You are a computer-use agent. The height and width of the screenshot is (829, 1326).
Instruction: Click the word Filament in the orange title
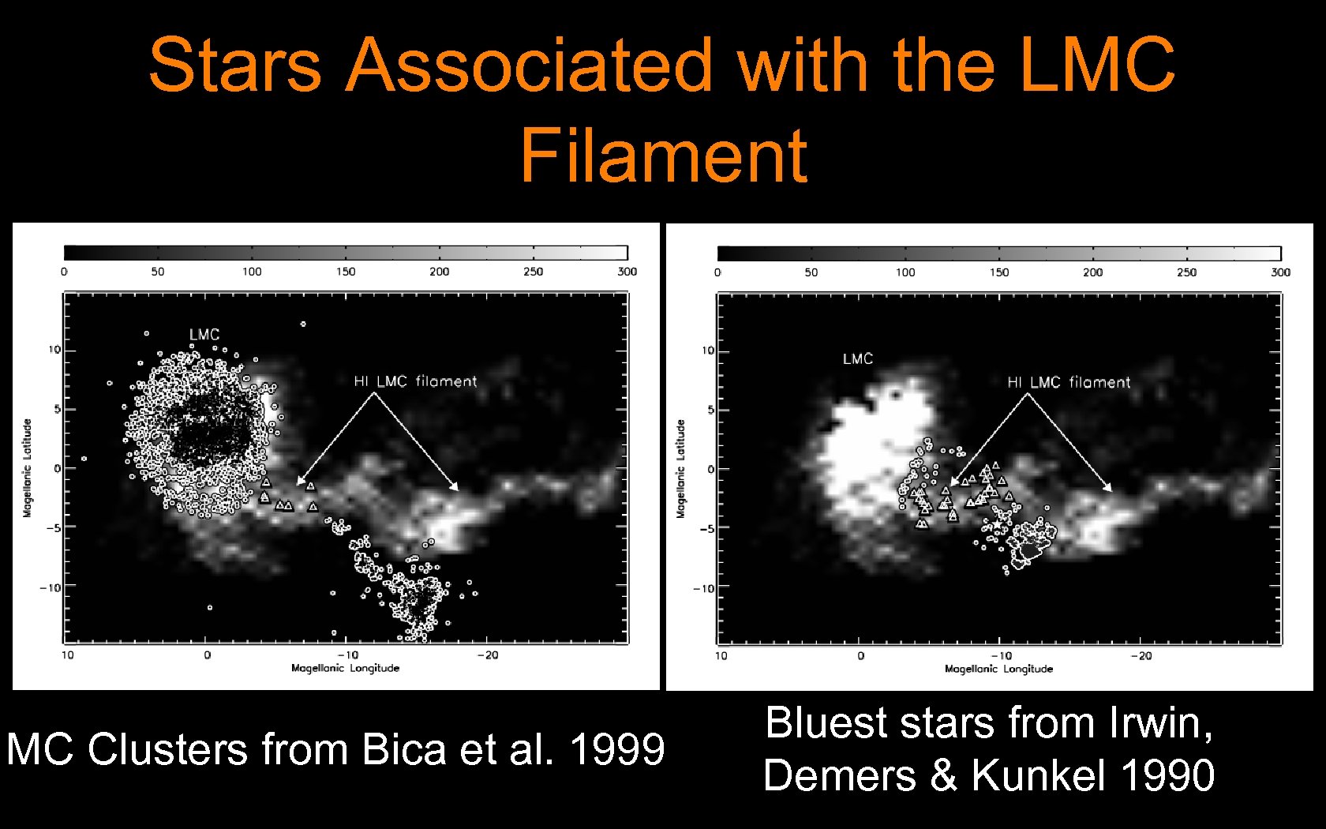click(663, 154)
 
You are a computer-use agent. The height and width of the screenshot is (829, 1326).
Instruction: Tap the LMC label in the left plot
click(204, 335)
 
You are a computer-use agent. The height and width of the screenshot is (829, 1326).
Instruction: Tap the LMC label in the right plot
click(858, 359)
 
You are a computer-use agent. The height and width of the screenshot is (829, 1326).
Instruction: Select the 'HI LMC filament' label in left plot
click(415, 381)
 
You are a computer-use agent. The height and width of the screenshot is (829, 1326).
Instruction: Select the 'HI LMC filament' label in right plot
click(1069, 382)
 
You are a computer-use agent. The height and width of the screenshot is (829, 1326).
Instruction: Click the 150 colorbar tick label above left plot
click(346, 272)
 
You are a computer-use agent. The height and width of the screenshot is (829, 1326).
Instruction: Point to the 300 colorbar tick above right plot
click(1280, 272)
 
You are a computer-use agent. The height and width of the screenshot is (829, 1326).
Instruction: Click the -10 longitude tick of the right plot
click(1001, 655)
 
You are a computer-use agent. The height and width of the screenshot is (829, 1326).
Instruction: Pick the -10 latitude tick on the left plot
click(51, 587)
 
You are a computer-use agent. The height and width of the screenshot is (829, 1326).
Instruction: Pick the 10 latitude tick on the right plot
click(708, 351)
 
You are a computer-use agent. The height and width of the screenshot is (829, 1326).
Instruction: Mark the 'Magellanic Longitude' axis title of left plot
click(346, 668)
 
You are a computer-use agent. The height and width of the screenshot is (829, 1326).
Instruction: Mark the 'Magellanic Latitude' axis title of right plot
click(680, 469)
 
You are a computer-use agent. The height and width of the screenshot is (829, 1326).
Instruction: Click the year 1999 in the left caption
click(617, 748)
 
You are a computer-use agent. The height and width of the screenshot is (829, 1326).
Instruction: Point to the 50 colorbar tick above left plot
click(158, 272)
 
